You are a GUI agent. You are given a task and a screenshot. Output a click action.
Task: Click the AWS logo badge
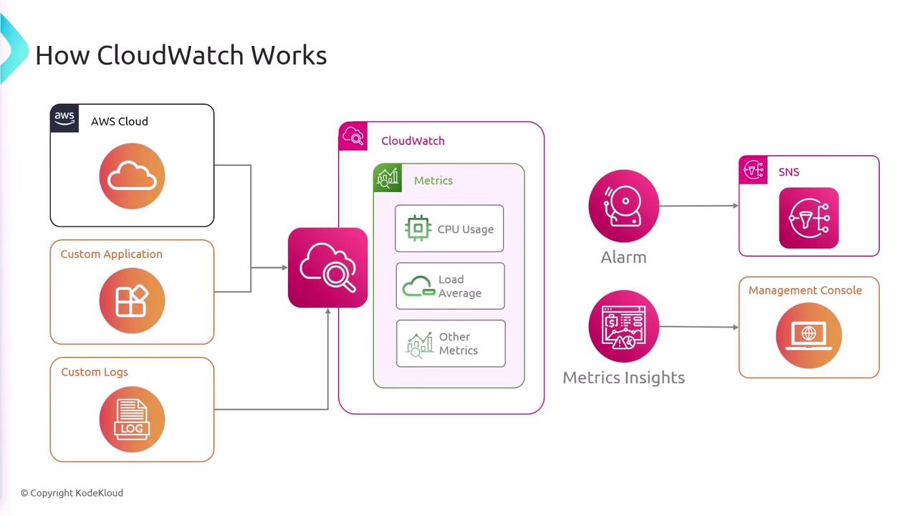pos(64,118)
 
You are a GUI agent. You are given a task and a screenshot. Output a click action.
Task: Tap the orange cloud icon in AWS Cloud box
pos(132,176)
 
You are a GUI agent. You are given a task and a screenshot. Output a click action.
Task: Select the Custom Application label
pos(111,254)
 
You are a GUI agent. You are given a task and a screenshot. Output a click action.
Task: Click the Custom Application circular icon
pos(132,301)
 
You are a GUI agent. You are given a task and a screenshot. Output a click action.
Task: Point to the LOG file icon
pos(132,419)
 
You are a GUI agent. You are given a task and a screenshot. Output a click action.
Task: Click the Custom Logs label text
pos(95,372)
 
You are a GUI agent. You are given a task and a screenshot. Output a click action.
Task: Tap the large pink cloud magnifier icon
pos(327,267)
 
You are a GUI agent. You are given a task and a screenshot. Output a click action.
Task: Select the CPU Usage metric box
pos(449,229)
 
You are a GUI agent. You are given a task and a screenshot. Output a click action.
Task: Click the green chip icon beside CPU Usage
pos(417,229)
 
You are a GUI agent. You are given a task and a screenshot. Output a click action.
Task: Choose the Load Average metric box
pos(450,286)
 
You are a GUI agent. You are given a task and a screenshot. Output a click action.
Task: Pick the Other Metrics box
pos(451,343)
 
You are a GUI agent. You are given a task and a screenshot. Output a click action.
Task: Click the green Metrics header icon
pos(388,178)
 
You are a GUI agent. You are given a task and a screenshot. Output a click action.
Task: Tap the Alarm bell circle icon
pos(623,206)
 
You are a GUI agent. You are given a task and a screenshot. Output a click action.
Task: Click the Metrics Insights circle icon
pos(623,326)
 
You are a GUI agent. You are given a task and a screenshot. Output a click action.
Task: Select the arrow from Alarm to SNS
pos(698,206)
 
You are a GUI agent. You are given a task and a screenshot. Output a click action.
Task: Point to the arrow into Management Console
pos(698,327)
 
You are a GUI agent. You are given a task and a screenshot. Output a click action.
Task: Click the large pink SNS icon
pos(808,218)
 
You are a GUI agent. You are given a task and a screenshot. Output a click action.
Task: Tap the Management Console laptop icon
pos(808,335)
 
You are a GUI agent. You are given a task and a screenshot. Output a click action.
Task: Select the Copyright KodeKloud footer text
pos(72,493)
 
